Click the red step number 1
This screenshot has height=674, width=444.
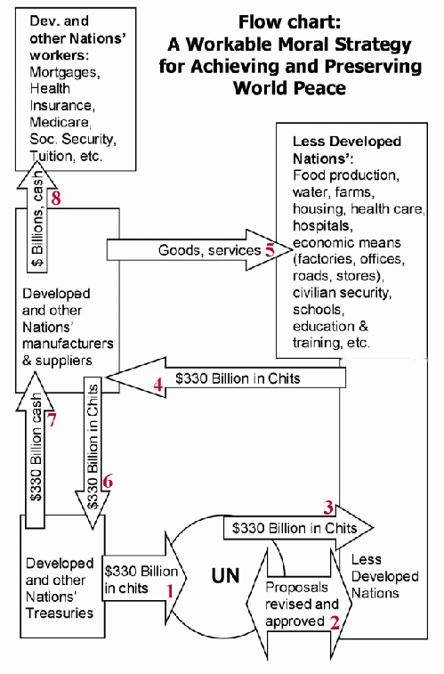click(x=170, y=591)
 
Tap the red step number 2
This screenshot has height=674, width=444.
click(x=335, y=622)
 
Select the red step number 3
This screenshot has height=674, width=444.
click(x=328, y=508)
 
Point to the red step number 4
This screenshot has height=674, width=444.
click(x=159, y=385)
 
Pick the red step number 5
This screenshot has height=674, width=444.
click(x=270, y=249)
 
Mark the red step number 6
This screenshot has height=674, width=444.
click(x=108, y=481)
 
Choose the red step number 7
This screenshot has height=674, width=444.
click(x=52, y=420)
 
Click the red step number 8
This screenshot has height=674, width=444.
click(x=56, y=198)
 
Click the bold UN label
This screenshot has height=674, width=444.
click(x=225, y=576)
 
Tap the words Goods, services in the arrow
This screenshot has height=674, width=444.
click(x=210, y=250)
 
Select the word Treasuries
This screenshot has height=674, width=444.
click(x=60, y=613)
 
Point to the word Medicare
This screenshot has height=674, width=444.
click(x=60, y=122)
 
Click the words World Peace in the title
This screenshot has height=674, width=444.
click(x=289, y=87)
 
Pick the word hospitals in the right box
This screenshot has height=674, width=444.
click(x=321, y=225)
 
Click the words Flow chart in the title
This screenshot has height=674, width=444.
click(x=289, y=22)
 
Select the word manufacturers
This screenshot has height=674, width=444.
click(x=68, y=344)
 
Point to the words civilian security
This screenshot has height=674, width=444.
click(x=342, y=293)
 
